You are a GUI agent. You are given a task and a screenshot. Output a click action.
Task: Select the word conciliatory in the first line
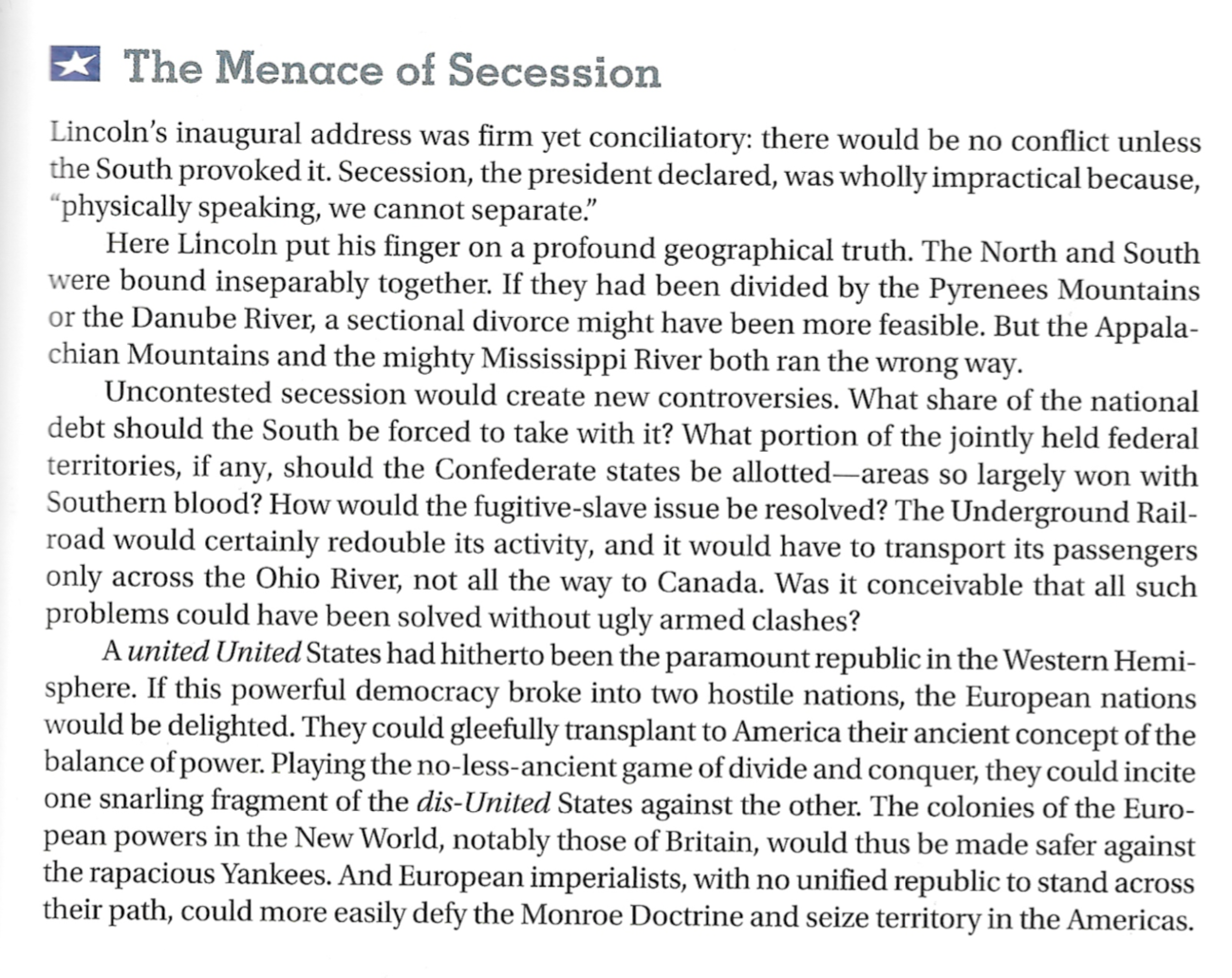(x=671, y=139)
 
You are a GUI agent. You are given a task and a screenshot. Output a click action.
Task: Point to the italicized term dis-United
(x=484, y=803)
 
